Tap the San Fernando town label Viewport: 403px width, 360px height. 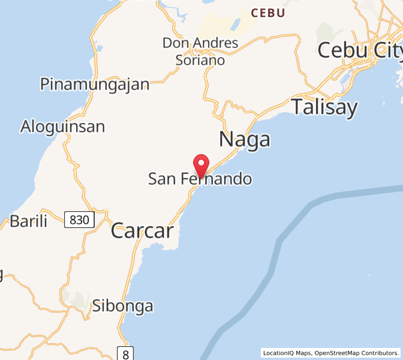point(200,179)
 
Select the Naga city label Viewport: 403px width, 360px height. point(244,140)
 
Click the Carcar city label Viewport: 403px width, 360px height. point(142,231)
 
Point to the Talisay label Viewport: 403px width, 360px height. point(324,107)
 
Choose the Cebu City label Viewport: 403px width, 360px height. point(359,50)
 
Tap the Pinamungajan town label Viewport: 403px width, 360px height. point(94,84)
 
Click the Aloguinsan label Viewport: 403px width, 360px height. point(62,127)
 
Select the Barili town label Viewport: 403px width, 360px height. point(28,221)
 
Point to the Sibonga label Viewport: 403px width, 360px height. point(122,306)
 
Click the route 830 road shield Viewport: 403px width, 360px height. point(79,220)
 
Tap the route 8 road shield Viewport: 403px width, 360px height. point(125,353)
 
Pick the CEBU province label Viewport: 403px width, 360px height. point(267,13)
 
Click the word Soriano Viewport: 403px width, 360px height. point(200,60)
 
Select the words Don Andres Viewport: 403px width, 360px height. point(200,43)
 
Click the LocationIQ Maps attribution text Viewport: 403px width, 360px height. point(287,353)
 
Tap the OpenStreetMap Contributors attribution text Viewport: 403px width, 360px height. point(357,353)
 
